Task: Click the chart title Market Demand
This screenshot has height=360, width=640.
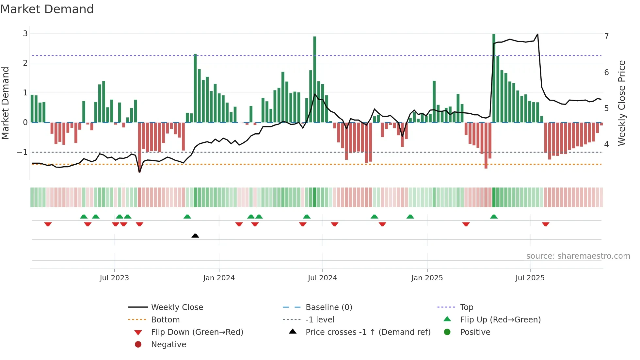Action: click(x=47, y=9)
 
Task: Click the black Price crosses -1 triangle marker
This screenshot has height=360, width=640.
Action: click(x=195, y=236)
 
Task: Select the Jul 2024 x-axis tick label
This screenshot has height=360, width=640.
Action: click(x=322, y=278)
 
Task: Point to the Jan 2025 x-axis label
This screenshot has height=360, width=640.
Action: click(x=427, y=278)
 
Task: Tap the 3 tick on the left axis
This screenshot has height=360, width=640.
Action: click(x=25, y=33)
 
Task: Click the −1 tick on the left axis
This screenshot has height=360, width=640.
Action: click(x=23, y=152)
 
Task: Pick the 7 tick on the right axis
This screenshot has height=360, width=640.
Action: click(x=606, y=36)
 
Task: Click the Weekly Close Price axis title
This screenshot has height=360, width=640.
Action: click(x=622, y=103)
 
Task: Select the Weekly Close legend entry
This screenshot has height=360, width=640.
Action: click(x=177, y=307)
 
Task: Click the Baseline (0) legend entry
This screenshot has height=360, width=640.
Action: click(x=328, y=307)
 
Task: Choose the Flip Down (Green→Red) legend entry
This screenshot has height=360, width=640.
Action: click(x=197, y=332)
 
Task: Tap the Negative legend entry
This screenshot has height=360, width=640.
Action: click(x=168, y=345)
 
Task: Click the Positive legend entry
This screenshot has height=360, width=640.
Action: click(x=475, y=332)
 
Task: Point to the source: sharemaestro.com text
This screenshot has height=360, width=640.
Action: click(x=578, y=256)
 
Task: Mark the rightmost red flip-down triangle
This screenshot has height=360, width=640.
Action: click(x=546, y=224)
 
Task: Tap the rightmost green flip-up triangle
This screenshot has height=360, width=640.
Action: click(x=494, y=217)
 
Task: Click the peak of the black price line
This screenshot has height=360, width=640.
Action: click(x=537, y=34)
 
